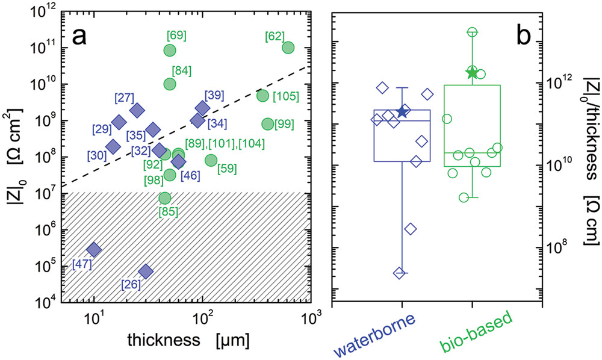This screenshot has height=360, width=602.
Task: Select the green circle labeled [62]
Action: point(288,48)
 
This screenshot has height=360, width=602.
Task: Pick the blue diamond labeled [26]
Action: point(146,272)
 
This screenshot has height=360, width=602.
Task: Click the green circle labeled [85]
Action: point(165,197)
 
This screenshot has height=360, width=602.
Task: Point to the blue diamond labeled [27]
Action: point(137,110)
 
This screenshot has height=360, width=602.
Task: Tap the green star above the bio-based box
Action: point(472,73)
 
